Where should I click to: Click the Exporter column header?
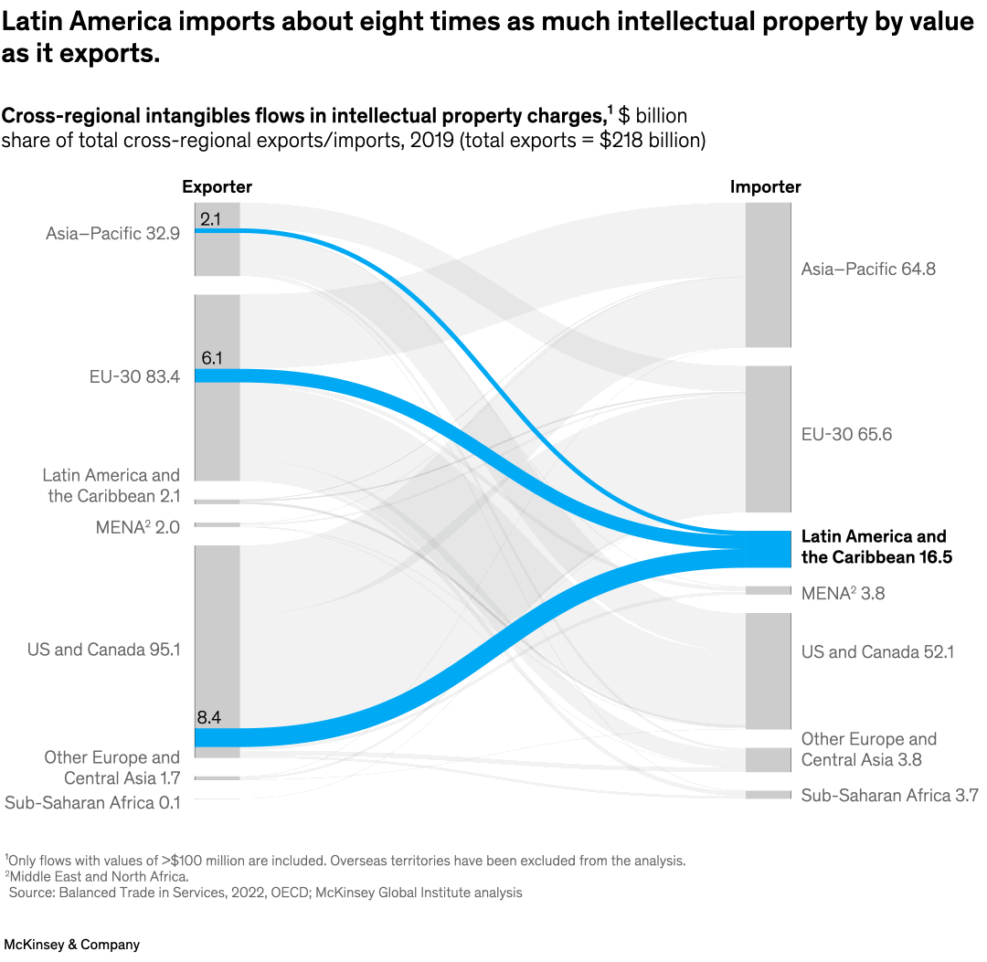click(x=217, y=187)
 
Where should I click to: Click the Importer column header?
click(x=765, y=187)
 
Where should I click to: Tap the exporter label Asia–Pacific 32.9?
click(x=112, y=233)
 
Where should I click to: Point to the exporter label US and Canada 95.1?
click(x=103, y=650)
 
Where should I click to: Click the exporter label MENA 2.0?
click(x=137, y=527)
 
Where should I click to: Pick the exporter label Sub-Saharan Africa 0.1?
click(x=92, y=803)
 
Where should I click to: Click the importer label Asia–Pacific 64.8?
click(x=868, y=270)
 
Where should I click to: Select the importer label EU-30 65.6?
click(x=846, y=434)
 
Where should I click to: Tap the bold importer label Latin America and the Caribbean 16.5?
click(x=875, y=546)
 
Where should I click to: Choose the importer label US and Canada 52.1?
click(x=877, y=651)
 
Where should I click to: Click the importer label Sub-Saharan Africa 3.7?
click(x=889, y=796)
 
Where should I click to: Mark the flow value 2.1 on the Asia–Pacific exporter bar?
click(x=210, y=218)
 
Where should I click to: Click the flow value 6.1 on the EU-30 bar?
click(x=210, y=359)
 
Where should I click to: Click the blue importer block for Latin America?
click(x=768, y=549)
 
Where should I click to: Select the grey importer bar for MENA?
click(x=768, y=590)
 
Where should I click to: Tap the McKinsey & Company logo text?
click(x=72, y=944)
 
